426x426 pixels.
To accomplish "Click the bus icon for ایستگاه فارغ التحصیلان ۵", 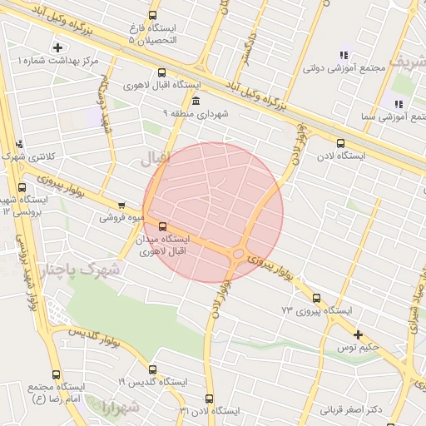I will (152, 15).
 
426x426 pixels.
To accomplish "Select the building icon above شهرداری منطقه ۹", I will (196, 101).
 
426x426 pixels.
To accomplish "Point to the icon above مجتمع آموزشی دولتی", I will (343, 55).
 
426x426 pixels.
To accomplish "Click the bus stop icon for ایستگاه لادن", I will (339, 142).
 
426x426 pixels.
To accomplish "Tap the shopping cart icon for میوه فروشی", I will (122, 205).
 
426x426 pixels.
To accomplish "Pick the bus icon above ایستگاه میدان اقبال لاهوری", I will (161, 225).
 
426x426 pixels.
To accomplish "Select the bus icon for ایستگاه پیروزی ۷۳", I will (316, 298).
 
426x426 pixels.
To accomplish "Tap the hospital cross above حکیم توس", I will (358, 334).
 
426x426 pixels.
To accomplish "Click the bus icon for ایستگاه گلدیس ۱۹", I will (152, 369).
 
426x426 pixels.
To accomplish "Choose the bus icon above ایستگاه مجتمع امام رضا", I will (56, 374).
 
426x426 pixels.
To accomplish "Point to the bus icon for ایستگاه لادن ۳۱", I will (208, 399).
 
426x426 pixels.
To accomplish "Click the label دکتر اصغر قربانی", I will (349, 409).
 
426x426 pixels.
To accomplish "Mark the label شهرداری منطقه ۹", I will (196, 112).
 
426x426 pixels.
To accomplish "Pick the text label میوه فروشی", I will (122, 218).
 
